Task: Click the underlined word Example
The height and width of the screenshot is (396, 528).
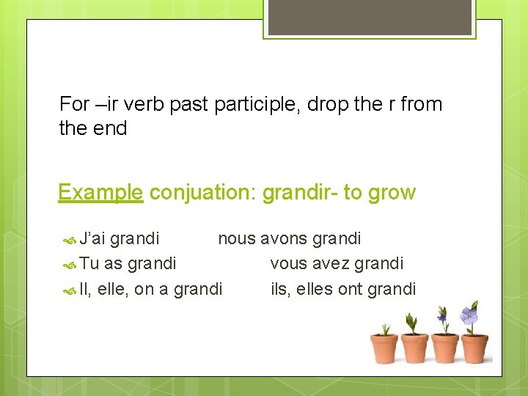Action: pos(100,193)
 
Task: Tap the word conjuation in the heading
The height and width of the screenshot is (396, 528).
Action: pos(202,193)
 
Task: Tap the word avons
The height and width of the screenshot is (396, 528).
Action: pos(284,238)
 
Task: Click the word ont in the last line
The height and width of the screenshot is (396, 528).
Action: pos(350,289)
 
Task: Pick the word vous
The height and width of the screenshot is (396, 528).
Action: pos(289,263)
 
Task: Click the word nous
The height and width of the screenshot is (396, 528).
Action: pos(235,238)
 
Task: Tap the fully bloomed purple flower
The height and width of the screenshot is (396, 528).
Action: pos(469,315)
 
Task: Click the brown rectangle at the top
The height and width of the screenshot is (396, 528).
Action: pos(369,18)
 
